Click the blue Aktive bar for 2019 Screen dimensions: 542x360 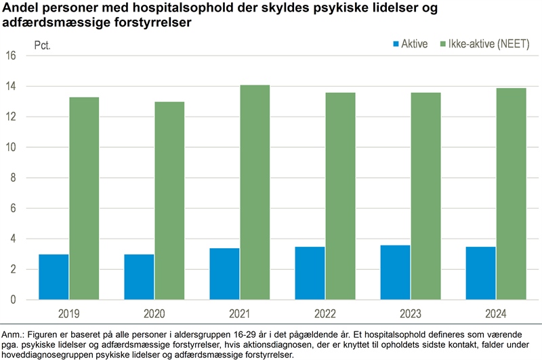click(54, 277)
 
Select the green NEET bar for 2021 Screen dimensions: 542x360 click(255, 193)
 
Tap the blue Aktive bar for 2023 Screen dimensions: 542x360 click(395, 273)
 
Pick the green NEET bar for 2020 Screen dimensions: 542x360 click(169, 201)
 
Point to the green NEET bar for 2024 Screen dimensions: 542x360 click(512, 194)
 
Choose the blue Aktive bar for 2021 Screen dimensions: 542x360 click(224, 274)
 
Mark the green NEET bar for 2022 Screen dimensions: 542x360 click(341, 196)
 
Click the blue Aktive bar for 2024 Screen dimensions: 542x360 click(480, 273)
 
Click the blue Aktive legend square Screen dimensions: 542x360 click(396, 44)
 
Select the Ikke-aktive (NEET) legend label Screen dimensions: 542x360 click(488, 44)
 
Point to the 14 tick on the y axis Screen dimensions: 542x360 click(11, 86)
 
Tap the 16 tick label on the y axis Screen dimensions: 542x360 click(11, 56)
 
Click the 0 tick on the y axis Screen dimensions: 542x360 click(13, 300)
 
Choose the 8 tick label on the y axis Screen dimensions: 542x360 click(13, 178)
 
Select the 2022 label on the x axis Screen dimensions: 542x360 click(325, 314)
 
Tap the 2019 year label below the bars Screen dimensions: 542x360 click(69, 314)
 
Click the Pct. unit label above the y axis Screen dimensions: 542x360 click(43, 45)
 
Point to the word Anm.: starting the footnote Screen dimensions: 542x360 click(13, 335)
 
